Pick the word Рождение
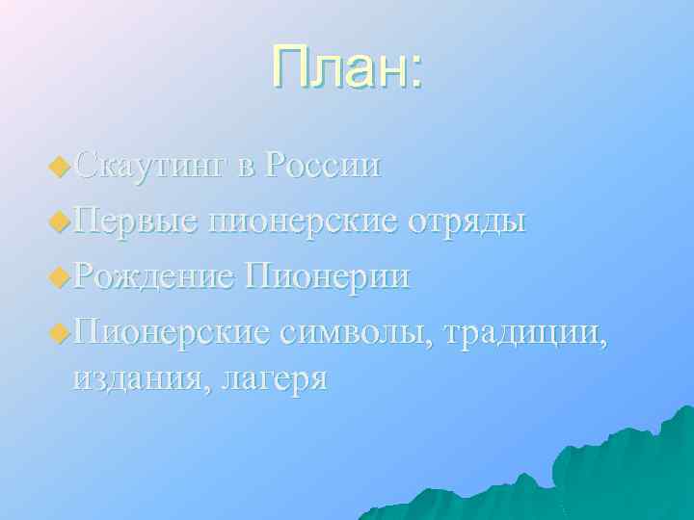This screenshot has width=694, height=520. (x=154, y=277)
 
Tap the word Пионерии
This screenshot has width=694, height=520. (x=329, y=277)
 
